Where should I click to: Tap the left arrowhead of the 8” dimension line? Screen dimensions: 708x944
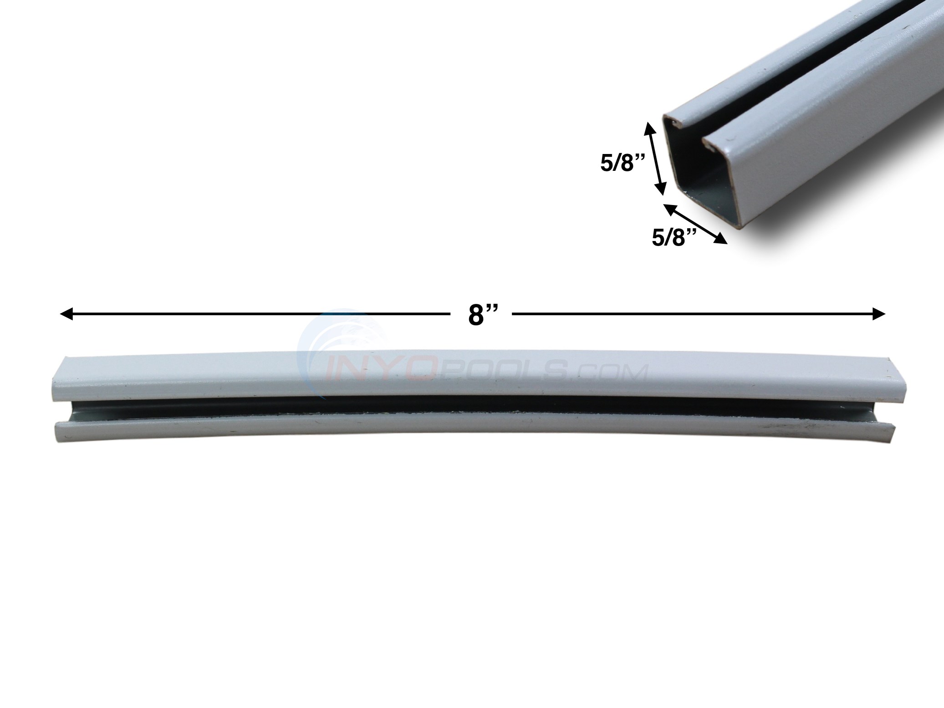(66, 314)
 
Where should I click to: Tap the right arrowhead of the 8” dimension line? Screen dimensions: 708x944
(879, 314)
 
